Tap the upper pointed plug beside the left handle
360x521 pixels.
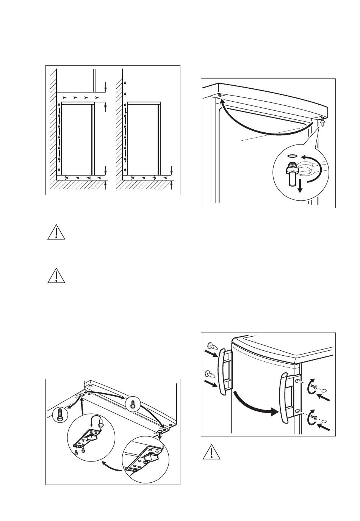[211, 346]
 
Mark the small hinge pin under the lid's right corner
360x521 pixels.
[322, 122]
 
